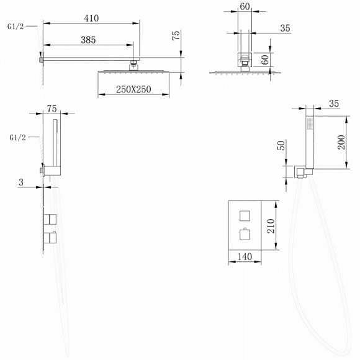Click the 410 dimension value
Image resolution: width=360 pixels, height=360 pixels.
[91, 18]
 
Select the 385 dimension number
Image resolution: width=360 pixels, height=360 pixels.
[88, 40]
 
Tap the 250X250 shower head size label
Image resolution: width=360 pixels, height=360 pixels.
[133, 89]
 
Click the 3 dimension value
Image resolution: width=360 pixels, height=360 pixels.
[21, 182]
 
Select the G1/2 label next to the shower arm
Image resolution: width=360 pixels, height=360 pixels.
[17, 25]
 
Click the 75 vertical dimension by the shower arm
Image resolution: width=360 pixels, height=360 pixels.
[177, 36]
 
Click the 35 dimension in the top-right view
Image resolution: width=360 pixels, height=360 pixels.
[286, 27]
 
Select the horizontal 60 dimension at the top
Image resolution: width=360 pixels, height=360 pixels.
[245, 7]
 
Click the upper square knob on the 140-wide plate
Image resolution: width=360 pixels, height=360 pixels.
[244, 215]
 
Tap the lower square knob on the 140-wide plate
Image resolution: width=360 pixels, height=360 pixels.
[244, 235]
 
